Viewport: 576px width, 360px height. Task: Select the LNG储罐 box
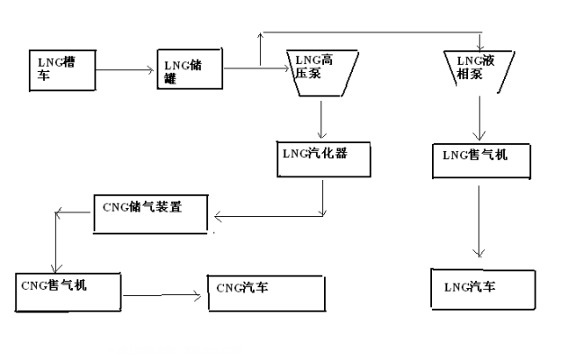click(x=190, y=70)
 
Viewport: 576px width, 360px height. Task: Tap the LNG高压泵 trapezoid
click(x=321, y=72)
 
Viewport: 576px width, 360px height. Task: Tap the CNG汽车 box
click(x=265, y=292)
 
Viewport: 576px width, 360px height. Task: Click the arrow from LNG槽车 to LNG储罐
click(x=125, y=69)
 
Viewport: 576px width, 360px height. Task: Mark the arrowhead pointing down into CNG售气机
click(x=57, y=266)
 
